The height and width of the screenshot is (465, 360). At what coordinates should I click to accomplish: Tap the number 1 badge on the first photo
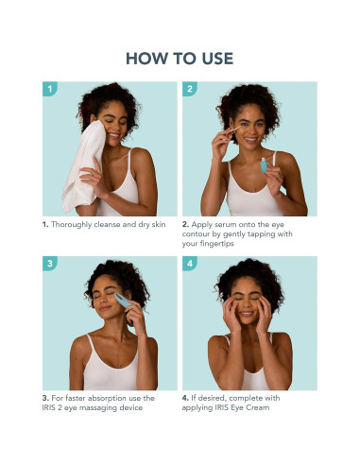click(50, 89)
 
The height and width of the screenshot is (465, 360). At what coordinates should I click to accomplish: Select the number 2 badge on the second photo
click(190, 89)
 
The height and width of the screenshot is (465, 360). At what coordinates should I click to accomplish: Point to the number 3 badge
click(50, 263)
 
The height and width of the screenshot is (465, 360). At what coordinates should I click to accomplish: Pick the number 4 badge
click(190, 263)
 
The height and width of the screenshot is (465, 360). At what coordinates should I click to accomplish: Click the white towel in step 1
click(84, 167)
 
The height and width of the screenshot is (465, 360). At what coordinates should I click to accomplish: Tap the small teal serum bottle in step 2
click(264, 165)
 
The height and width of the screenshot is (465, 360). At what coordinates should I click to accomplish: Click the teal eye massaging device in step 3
click(123, 301)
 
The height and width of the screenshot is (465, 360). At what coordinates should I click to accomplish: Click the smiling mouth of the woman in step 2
click(251, 139)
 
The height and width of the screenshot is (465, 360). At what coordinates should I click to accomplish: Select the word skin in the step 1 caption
click(159, 225)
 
